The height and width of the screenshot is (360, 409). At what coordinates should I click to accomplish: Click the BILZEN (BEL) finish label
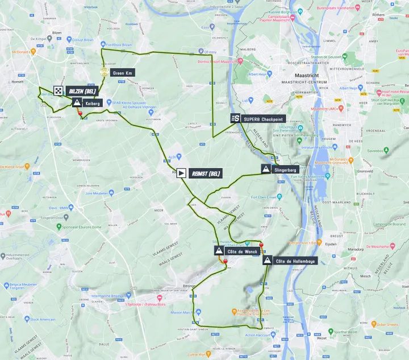pyautogui.click(x=83, y=91)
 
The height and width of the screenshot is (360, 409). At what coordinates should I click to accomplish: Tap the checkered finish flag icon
pyautogui.click(x=59, y=90)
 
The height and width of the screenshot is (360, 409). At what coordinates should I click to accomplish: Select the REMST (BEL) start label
pyautogui.click(x=206, y=173)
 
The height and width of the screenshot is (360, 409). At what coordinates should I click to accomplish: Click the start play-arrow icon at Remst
pyautogui.click(x=181, y=173)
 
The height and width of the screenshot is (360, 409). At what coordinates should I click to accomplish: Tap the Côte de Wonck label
pyautogui.click(x=239, y=250)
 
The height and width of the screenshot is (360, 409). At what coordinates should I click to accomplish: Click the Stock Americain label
pyautogui.click(x=42, y=320)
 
